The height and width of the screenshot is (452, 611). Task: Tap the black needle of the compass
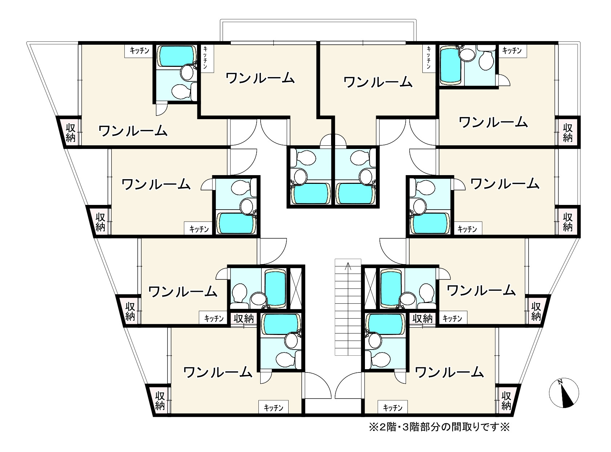pos(567,398)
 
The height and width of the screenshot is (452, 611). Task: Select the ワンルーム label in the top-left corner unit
pos(133,131)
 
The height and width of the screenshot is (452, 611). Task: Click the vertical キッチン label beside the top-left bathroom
pos(205,58)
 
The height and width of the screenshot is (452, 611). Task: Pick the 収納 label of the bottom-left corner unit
pos(160,400)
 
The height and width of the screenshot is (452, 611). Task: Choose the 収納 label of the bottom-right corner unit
pos(506,400)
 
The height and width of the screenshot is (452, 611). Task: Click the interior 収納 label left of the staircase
pos(244,319)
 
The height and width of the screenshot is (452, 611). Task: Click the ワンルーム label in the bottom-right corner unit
pos(449,372)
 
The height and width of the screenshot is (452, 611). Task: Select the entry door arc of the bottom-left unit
pos(318,386)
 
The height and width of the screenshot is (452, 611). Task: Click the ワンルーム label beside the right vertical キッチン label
pos(378,82)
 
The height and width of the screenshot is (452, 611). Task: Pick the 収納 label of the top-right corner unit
pos(567,133)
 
